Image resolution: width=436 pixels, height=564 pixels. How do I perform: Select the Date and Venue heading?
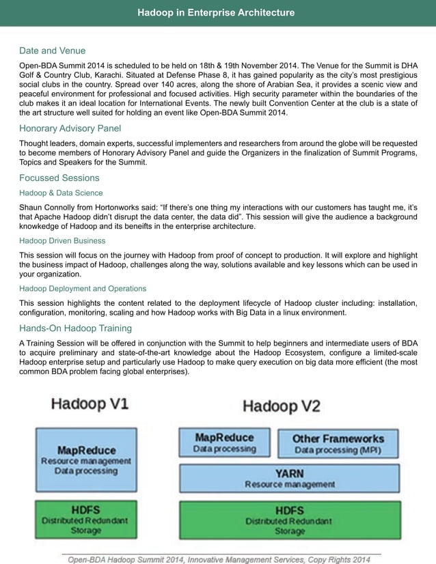point(52,51)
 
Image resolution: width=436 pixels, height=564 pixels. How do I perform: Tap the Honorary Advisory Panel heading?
point(70,128)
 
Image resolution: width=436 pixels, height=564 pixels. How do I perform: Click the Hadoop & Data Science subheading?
point(61,193)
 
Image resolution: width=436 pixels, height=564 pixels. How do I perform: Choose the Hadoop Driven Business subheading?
point(62,241)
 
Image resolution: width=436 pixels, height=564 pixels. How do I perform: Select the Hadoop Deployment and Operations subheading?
point(83,289)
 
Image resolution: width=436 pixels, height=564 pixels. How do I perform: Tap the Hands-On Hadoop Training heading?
point(75,328)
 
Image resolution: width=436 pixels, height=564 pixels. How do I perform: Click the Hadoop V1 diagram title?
point(90,404)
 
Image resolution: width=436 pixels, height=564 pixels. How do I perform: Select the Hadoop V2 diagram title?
point(281,407)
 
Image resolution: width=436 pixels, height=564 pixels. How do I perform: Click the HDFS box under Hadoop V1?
point(86,519)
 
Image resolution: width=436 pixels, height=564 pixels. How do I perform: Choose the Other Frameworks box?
point(338,443)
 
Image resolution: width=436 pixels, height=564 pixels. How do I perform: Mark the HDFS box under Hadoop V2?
point(289,520)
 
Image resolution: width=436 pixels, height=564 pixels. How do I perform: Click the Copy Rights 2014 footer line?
point(219,559)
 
